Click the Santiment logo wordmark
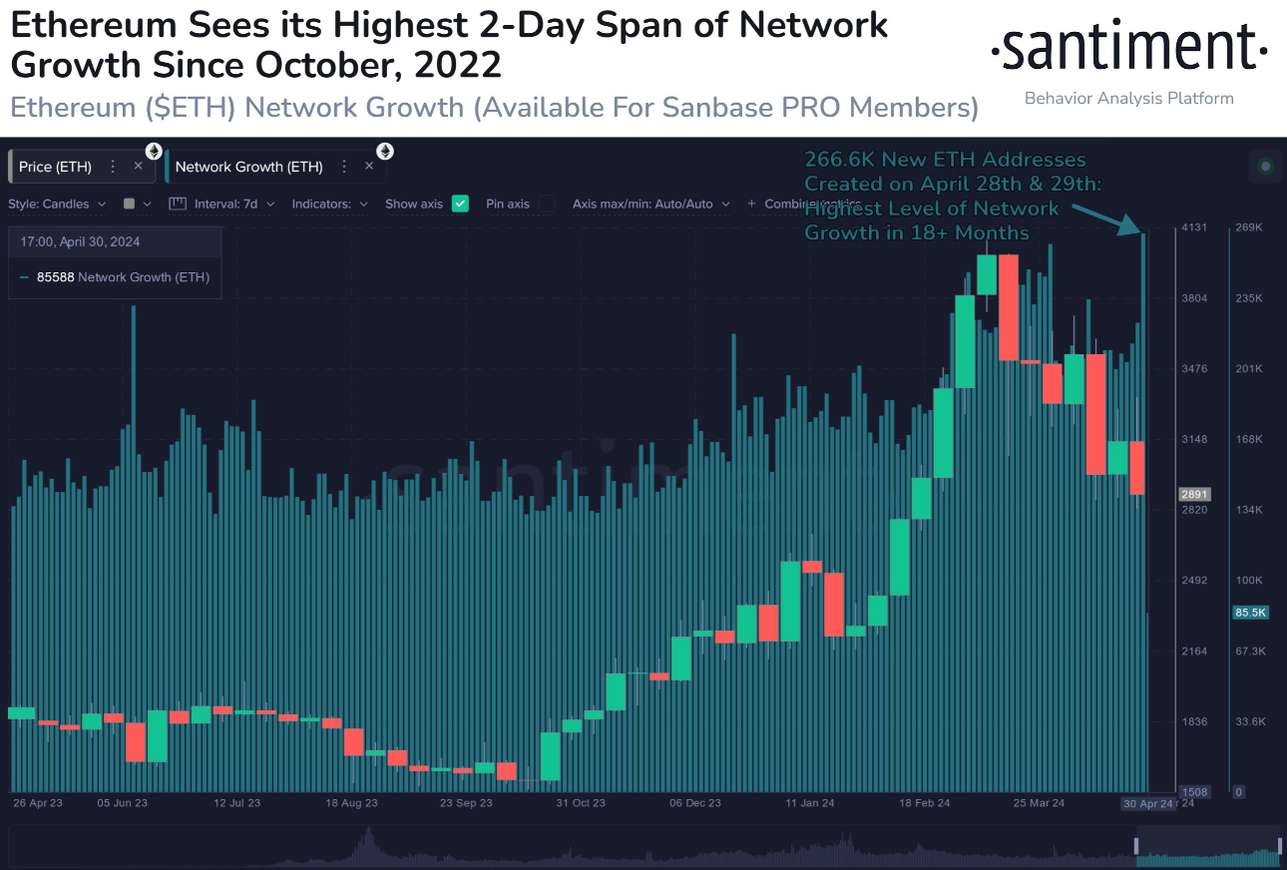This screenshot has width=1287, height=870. point(1128,49)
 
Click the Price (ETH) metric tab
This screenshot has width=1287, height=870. point(56,167)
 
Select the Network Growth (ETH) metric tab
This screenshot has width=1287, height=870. point(248,167)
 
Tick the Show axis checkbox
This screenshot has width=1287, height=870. point(460,204)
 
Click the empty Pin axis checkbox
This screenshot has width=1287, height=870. point(547,204)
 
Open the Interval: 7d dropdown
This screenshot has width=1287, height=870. point(225,204)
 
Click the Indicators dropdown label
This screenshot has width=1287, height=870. point(329,204)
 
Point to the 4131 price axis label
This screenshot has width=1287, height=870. point(1194,227)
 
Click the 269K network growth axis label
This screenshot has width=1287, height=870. point(1249,227)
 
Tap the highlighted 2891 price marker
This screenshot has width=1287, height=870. point(1194,494)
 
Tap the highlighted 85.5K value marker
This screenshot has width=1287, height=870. point(1250,613)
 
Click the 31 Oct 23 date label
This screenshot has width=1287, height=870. point(581,803)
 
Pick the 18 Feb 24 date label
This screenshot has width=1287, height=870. point(925,803)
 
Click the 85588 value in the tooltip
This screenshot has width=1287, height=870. point(55,277)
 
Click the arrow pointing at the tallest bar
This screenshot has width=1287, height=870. point(1109,219)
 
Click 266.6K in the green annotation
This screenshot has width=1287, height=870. point(835,160)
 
